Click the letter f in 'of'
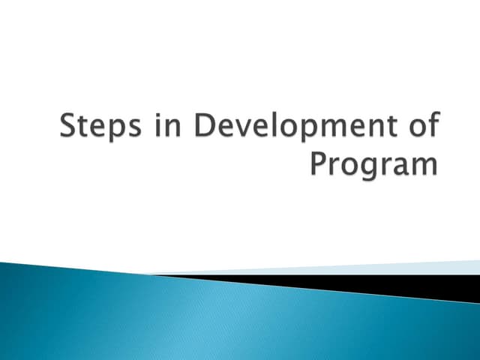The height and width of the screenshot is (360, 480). click(x=430, y=125)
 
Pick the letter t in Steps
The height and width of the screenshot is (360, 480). click(x=81, y=127)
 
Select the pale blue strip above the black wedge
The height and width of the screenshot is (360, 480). click(x=375, y=268)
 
